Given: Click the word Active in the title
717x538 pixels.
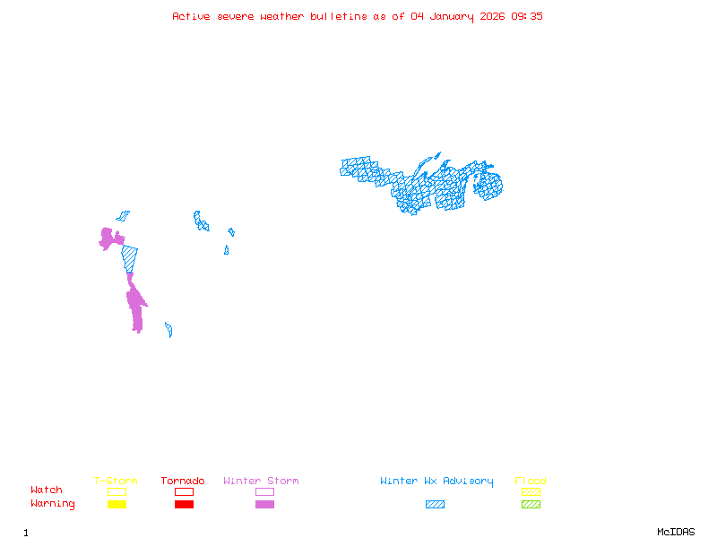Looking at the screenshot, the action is (192, 16).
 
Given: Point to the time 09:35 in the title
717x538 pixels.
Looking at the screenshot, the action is (527, 16).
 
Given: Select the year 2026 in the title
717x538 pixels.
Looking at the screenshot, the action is (491, 16).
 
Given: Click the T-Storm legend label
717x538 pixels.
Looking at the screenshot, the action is (116, 481).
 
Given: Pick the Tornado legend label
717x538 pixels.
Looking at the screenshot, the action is (183, 481).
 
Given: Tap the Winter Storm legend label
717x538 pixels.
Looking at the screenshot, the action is (261, 481).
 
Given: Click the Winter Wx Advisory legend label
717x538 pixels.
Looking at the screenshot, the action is (436, 481).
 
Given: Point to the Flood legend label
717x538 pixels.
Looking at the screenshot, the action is (531, 481).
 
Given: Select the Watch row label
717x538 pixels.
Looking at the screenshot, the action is (47, 490).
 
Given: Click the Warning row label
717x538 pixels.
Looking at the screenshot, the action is (53, 504).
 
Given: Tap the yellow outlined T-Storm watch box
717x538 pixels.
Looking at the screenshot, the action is (117, 491).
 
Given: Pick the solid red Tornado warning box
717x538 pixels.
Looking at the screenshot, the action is (184, 504).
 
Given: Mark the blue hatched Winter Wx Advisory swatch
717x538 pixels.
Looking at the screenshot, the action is (435, 504).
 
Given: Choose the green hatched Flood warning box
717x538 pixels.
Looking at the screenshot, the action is (531, 504).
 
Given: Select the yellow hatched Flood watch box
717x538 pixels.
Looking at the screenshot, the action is (531, 491).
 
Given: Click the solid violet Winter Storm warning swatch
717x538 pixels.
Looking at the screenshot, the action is (264, 504).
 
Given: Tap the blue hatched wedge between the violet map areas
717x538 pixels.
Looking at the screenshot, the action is (130, 258).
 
